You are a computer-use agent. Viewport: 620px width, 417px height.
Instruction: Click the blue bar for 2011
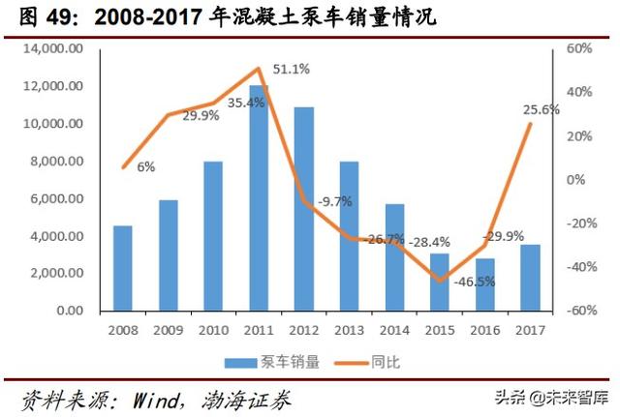tap(259, 198)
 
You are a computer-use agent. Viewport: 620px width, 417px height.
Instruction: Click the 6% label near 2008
tap(145, 166)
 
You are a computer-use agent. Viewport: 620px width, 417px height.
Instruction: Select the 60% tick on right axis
tap(577, 48)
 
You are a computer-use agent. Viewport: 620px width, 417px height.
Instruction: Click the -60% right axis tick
tap(575, 312)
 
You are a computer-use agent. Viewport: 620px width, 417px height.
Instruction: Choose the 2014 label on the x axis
tap(394, 331)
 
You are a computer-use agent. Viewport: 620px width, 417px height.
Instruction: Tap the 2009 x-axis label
tap(168, 331)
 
